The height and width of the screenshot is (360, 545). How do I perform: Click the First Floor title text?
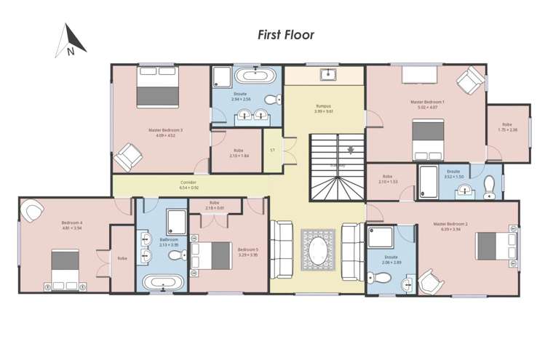(286, 35)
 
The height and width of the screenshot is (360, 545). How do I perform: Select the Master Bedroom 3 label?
(165, 132)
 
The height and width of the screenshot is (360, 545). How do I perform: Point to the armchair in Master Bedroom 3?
(128, 156)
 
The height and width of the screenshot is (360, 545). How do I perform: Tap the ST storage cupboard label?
(271, 151)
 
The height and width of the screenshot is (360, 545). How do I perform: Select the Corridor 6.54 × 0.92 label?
(188, 185)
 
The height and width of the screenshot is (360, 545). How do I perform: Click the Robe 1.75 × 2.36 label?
(508, 128)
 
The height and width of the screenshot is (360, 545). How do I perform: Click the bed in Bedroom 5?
(212, 255)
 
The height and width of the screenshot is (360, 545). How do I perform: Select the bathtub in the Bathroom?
(162, 282)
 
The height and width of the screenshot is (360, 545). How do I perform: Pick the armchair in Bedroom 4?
(32, 211)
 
